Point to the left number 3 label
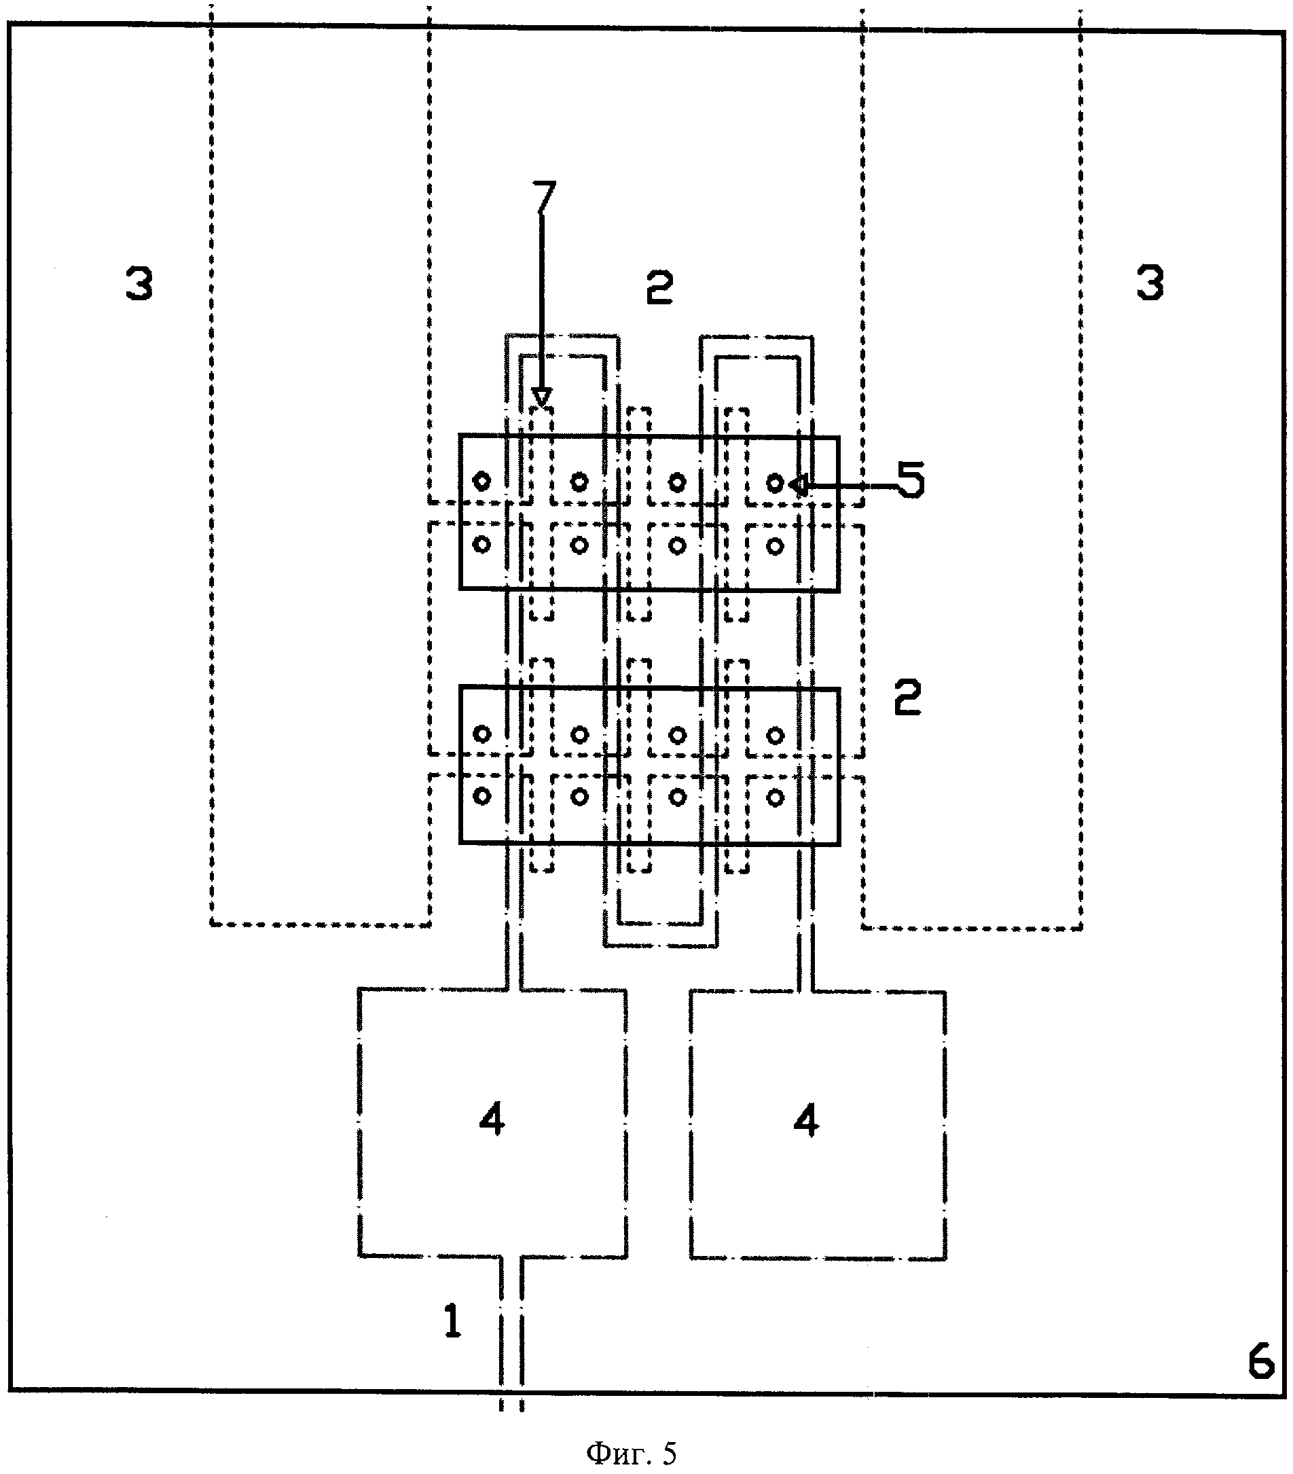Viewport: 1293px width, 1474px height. [x=139, y=283]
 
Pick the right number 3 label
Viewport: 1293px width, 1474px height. [x=1150, y=283]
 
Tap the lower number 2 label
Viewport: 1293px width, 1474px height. [x=907, y=698]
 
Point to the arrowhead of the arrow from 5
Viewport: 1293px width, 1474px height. [x=796, y=485]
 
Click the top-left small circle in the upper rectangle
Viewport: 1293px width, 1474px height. [x=481, y=480]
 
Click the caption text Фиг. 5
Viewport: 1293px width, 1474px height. [x=632, y=1453]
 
